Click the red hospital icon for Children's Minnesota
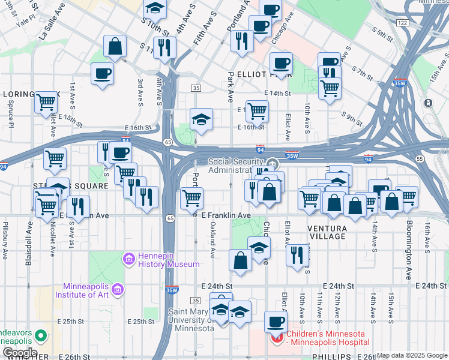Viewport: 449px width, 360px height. [x=277, y=338]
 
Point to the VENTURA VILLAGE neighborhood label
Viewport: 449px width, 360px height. [x=327, y=232]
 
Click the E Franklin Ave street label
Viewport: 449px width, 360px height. [x=226, y=215]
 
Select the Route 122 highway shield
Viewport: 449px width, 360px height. [x=402, y=22]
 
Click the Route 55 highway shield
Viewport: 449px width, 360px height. [x=419, y=158]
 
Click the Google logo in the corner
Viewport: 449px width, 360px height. [x=19, y=353]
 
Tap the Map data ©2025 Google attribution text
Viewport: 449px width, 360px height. [x=411, y=355]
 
